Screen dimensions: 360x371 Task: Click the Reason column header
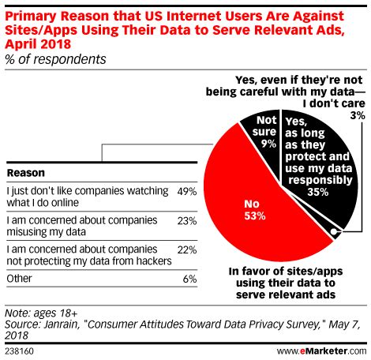[24, 172]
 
